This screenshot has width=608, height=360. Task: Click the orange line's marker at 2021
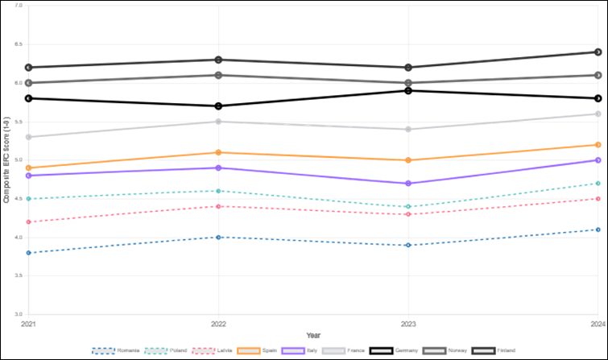[27, 168]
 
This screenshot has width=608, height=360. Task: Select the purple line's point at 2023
[408, 184]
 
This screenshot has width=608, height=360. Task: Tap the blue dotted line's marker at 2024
[598, 230]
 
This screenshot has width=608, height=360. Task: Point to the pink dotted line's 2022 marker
[217, 206]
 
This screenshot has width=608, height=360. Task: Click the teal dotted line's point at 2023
[408, 207]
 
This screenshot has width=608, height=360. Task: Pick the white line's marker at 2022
[217, 122]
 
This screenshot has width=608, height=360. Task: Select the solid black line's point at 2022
[217, 106]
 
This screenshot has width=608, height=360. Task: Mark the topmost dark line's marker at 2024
[598, 52]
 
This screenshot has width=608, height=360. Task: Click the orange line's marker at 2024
[598, 145]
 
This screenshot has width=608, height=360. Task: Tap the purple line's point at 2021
[27, 176]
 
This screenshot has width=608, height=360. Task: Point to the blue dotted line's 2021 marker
[27, 253]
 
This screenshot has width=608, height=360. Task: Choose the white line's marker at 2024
[598, 114]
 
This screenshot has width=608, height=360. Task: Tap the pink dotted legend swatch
[201, 350]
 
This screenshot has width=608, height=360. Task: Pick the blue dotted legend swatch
[103, 350]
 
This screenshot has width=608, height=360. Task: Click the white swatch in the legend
[334, 350]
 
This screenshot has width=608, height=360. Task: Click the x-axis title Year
[312, 334]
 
